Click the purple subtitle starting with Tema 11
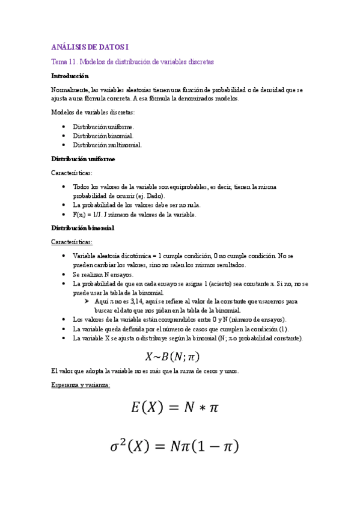click(x=132, y=62)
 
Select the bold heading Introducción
click(x=70, y=76)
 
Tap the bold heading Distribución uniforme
click(x=83, y=159)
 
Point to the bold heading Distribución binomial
click(x=82, y=228)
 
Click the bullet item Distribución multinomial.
click(x=108, y=145)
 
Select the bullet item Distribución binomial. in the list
click(x=103, y=136)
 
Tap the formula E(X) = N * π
click(x=175, y=408)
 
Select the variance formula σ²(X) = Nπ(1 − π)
click(x=174, y=447)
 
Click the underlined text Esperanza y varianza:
click(x=81, y=385)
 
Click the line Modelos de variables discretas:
click(x=93, y=112)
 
